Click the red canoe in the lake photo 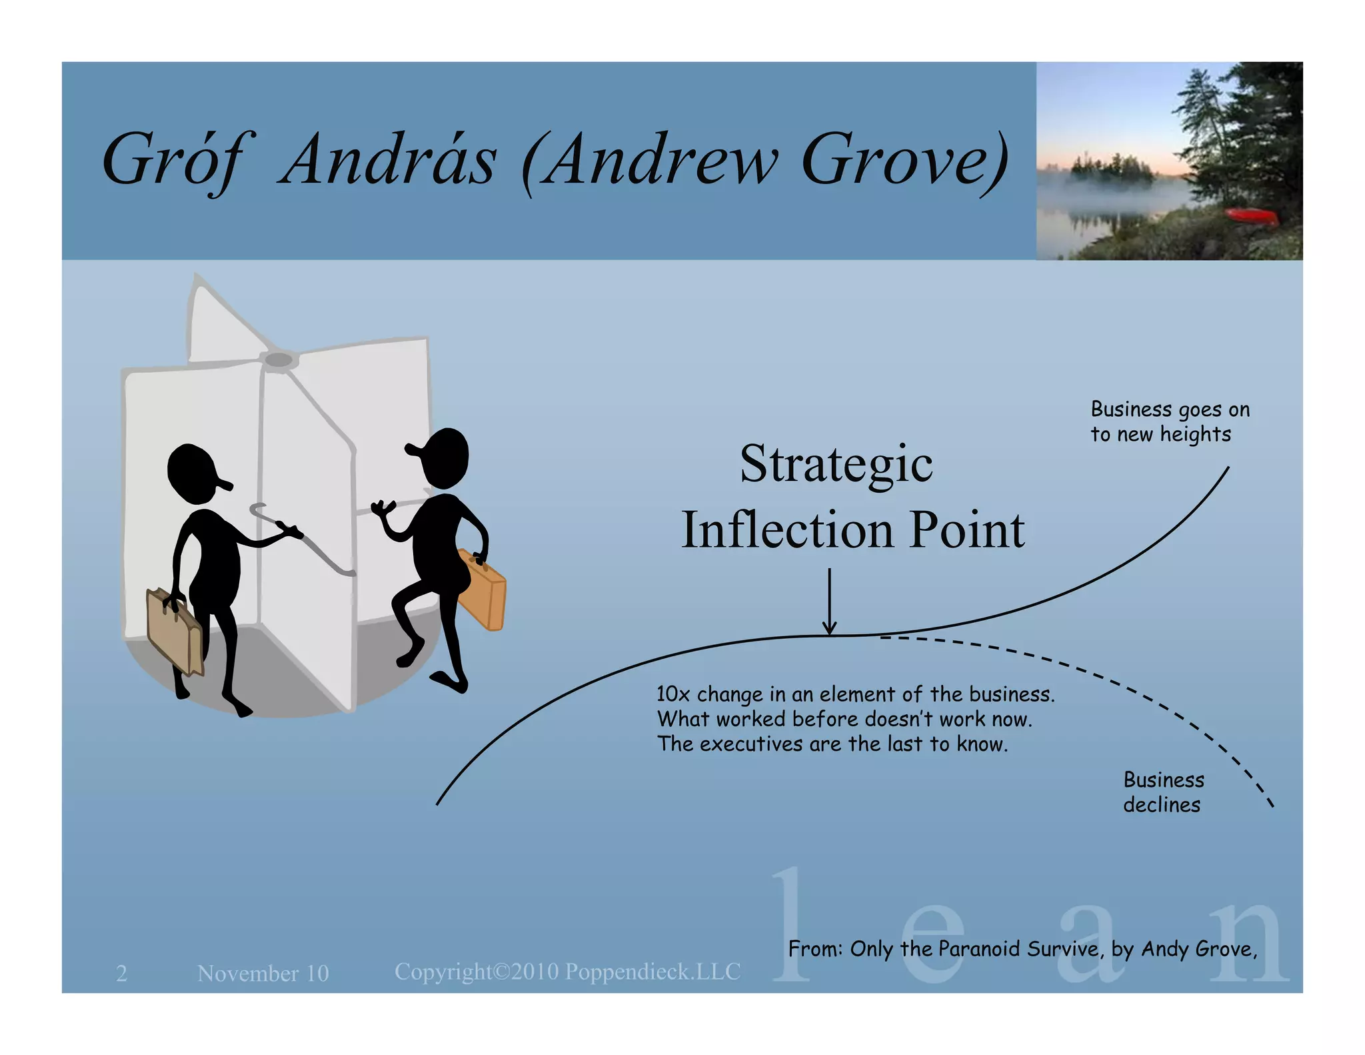pyautogui.click(x=1253, y=215)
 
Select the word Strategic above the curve pyautogui.click(x=836, y=464)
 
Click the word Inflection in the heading pyautogui.click(x=787, y=530)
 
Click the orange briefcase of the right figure pyautogui.click(x=483, y=591)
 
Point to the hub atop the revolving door pyautogui.click(x=279, y=361)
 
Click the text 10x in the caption pyautogui.click(x=673, y=694)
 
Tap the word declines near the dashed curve pyautogui.click(x=1161, y=805)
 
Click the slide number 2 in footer pyautogui.click(x=121, y=973)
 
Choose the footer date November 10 pyautogui.click(x=263, y=973)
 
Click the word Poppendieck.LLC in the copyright pyautogui.click(x=653, y=972)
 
